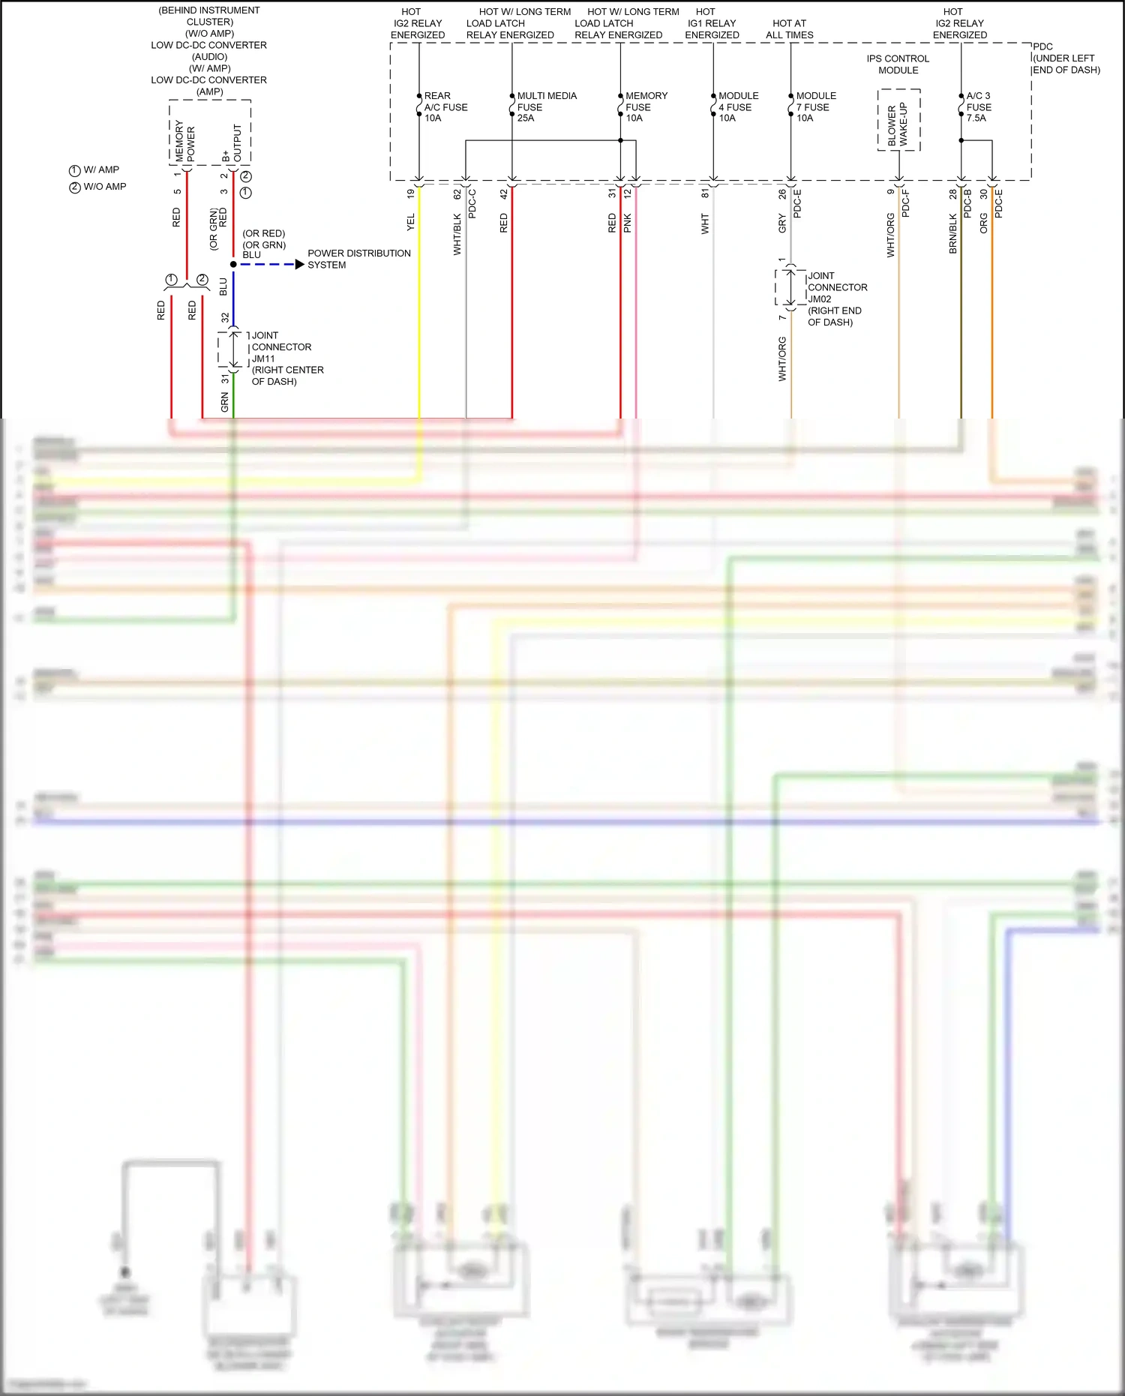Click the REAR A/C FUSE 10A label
(445, 107)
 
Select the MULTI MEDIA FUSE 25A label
(546, 107)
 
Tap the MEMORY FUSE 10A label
(646, 107)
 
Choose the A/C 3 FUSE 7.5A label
(978, 107)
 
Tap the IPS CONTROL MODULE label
(898, 65)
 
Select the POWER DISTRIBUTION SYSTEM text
(358, 259)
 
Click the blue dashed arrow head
(300, 264)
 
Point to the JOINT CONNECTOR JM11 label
(286, 359)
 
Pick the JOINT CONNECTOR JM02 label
(837, 299)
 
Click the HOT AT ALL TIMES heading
(789, 29)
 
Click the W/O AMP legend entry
(98, 187)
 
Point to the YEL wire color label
(410, 222)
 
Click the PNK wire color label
(628, 223)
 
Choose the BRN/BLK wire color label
(953, 233)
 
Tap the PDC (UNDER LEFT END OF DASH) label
(1066, 59)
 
